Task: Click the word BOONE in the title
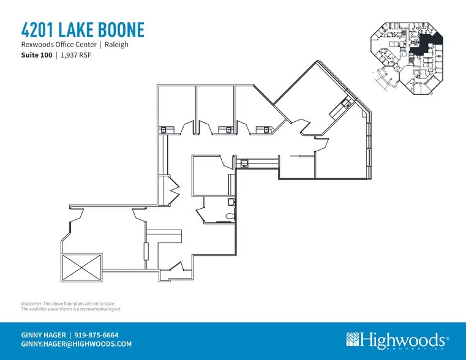(x=121, y=29)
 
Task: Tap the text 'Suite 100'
(x=37, y=55)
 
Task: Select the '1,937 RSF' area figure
(x=76, y=55)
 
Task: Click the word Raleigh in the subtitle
(x=116, y=45)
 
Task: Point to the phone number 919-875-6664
(x=96, y=335)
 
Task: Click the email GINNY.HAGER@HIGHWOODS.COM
(x=77, y=344)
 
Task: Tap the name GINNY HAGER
(x=43, y=335)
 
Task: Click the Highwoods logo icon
(x=353, y=339)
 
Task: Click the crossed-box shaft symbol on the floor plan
(x=81, y=268)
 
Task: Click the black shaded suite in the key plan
(x=425, y=43)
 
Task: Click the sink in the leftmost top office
(x=164, y=130)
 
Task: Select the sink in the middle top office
(x=228, y=130)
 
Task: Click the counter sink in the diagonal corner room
(x=346, y=103)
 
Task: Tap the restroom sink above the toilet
(x=231, y=202)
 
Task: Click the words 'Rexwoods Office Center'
(x=59, y=45)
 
